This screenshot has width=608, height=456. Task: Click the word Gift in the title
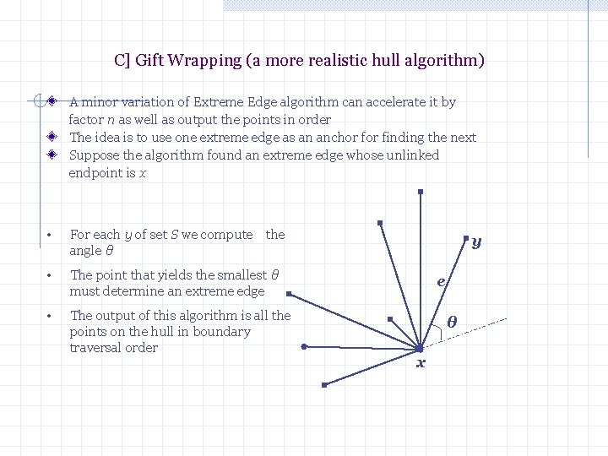tap(149, 61)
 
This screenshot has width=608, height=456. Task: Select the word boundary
tap(221, 332)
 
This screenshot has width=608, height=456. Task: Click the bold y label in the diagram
tap(477, 242)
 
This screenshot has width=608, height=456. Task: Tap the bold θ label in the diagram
tap(452, 321)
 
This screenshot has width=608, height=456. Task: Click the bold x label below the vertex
tap(421, 363)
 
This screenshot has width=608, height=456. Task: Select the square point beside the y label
tap(465, 239)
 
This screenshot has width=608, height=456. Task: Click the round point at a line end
tap(304, 346)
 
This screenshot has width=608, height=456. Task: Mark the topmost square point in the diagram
tap(420, 192)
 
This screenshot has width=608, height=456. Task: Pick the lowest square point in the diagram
tap(323, 385)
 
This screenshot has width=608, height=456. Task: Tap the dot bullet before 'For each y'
tap(51, 236)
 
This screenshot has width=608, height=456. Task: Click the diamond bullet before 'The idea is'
tap(52, 137)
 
